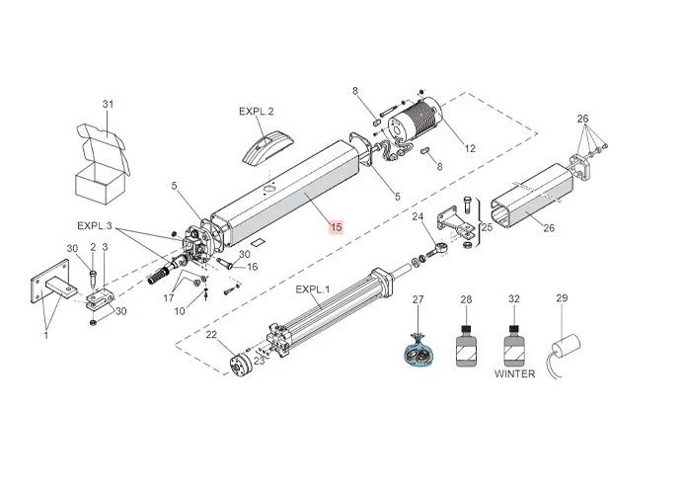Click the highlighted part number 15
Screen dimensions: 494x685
337,227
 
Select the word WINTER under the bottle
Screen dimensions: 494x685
514,373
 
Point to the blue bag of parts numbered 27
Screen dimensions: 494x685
419,350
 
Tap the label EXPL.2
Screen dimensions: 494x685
257,112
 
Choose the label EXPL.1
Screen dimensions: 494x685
314,288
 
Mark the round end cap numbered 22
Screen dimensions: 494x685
237,365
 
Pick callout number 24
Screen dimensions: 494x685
418,216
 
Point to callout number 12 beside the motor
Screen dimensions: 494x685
470,148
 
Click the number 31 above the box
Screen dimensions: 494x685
109,104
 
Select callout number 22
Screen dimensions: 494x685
211,335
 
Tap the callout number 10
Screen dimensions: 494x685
180,311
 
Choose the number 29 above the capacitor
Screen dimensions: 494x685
562,298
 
